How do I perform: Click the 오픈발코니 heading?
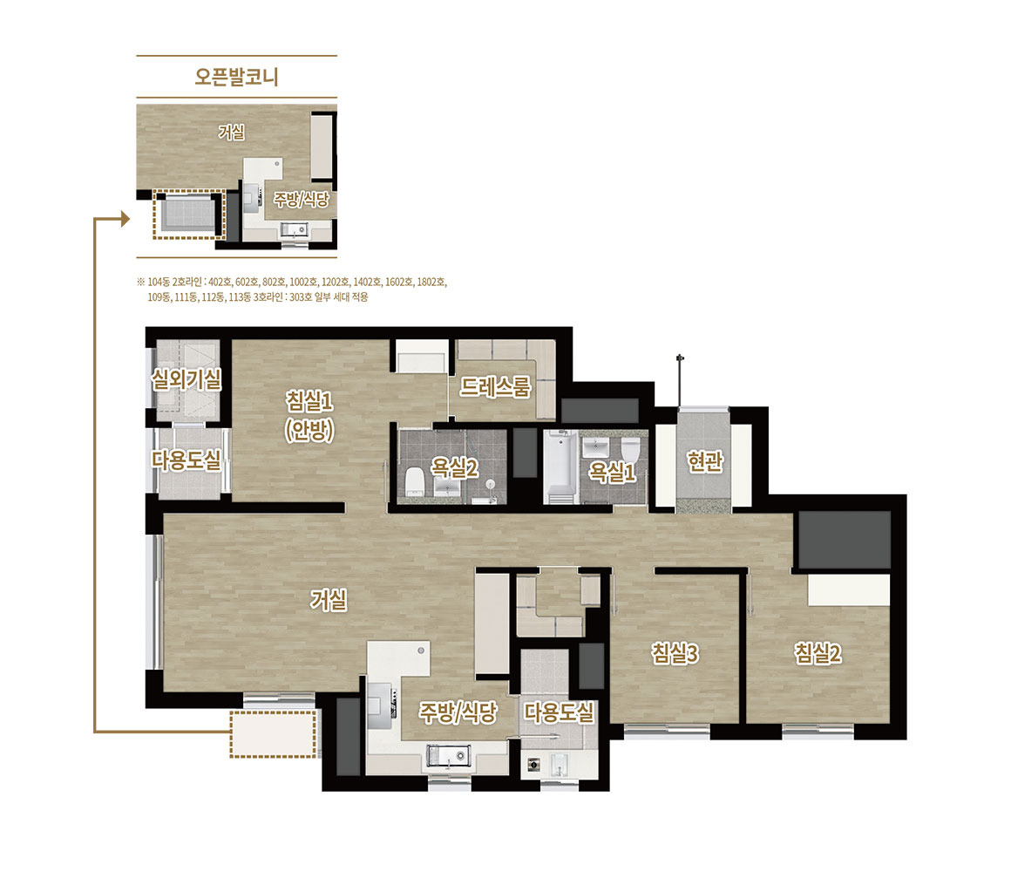(237, 77)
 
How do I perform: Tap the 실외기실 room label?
(187, 379)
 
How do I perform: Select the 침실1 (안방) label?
(309, 416)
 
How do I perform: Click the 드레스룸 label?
(495, 387)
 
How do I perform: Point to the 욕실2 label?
(455, 467)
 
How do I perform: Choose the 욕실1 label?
(613, 472)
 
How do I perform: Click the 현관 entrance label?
(705, 461)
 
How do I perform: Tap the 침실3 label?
(675, 653)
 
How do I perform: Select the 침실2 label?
(818, 653)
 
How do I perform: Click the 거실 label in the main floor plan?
(329, 600)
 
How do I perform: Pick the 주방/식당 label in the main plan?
(458, 712)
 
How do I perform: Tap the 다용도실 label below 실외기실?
(187, 460)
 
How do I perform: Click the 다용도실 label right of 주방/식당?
(559, 712)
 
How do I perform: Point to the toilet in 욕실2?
(413, 481)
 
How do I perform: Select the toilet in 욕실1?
(630, 451)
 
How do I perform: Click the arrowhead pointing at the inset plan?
(126, 219)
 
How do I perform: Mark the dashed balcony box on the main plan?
(274, 733)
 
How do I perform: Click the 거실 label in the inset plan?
(232, 133)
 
